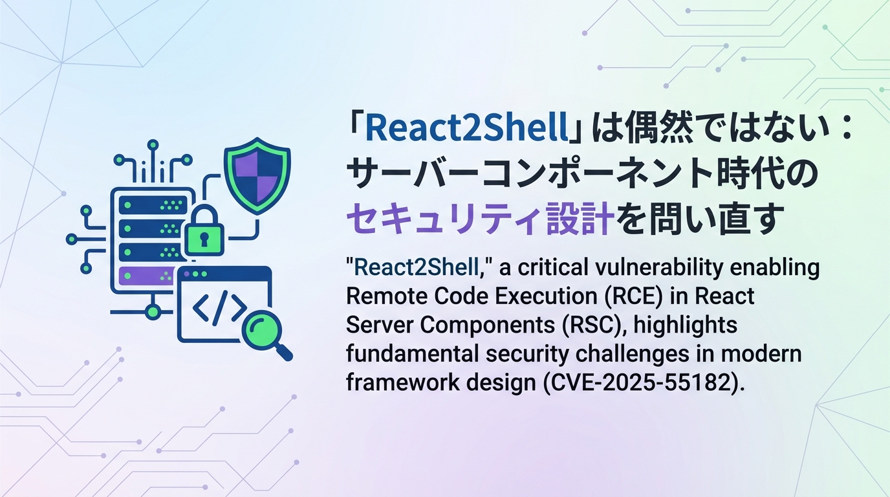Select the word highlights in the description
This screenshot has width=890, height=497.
pos(686,325)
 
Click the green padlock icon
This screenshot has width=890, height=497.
pos(204,232)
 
